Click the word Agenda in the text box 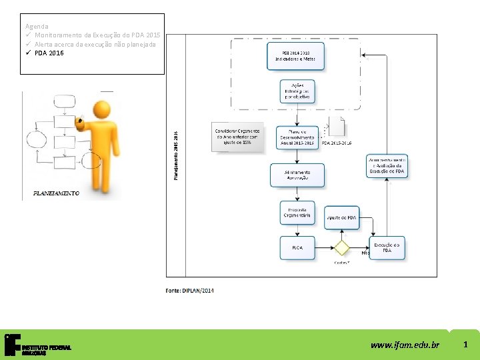tap(36, 26)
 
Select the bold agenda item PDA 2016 tap(49, 53)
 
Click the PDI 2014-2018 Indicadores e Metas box tap(296, 55)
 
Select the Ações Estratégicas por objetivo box tap(297, 91)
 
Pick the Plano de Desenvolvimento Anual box tap(296, 135)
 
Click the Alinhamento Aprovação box tap(297, 175)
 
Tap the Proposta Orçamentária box tap(297, 212)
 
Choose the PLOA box tap(297, 248)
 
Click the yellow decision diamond tap(342, 248)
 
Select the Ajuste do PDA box tap(342, 218)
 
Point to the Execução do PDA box tap(387, 247)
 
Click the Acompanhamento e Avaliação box tap(387, 166)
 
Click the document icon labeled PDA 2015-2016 tap(337, 129)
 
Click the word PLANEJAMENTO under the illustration tap(56, 193)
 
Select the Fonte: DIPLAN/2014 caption tap(190, 290)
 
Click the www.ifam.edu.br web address tap(405, 345)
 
